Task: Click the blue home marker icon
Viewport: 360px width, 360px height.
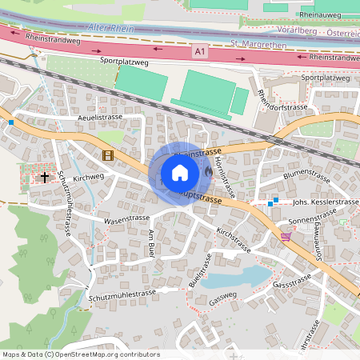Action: click(180, 173)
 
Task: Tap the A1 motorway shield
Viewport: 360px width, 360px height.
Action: click(198, 51)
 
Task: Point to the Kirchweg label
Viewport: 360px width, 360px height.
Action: click(88, 177)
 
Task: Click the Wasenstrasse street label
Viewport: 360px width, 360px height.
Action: click(126, 218)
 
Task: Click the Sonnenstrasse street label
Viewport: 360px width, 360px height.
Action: click(313, 218)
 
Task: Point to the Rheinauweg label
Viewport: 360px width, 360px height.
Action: click(318, 15)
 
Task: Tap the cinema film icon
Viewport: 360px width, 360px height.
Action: click(107, 154)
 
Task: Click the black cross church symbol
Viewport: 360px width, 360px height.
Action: click(45, 175)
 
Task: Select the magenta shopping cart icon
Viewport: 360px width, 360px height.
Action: click(286, 237)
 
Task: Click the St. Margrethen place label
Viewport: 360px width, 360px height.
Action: click(258, 44)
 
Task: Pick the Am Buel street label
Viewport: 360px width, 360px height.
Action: click(151, 242)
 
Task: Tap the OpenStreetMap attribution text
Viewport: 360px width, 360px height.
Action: click(81, 354)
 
